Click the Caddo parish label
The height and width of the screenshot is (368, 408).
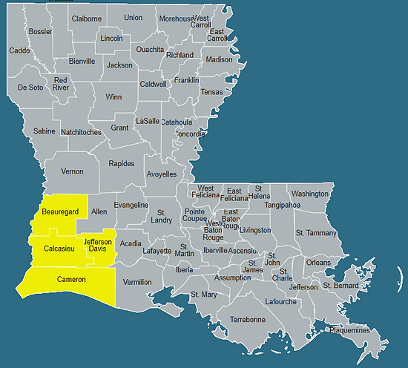coord(19,51)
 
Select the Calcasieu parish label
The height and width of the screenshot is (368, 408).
coord(59,249)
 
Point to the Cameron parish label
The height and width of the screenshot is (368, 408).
coord(71,280)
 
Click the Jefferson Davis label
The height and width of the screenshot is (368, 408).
coord(98,245)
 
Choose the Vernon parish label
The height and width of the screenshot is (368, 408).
coord(72,171)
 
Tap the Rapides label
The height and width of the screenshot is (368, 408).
coord(122,163)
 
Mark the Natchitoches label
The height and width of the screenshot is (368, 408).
coord(81,132)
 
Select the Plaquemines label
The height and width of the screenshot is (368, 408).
coord(350,330)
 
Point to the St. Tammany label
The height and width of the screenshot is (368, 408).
coord(316,233)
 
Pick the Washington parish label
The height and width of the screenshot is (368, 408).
coord(309,194)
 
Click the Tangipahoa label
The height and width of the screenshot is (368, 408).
coord(283,205)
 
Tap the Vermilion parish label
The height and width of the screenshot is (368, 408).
coord(136,282)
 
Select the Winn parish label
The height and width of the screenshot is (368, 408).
coord(113,97)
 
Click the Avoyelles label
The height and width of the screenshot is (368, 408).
coord(162,174)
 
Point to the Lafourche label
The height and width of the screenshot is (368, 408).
coord(281,302)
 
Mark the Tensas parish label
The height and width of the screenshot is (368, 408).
coord(211,92)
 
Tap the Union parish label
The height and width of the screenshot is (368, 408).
coord(134,18)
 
